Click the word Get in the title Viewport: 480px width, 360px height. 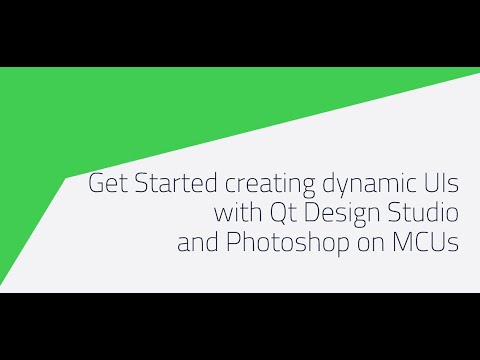108,185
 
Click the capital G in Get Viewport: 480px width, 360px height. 97,185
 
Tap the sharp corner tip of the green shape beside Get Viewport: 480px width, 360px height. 66,178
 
